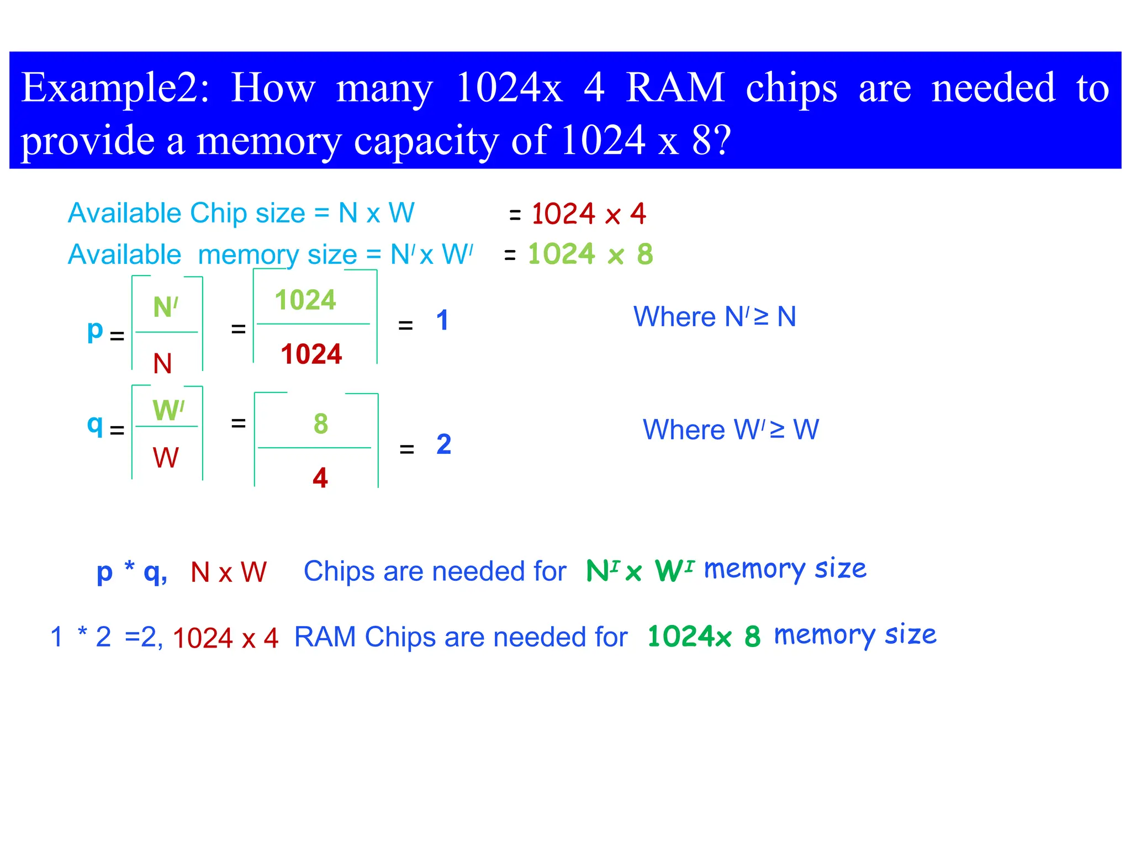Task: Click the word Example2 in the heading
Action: (x=115, y=88)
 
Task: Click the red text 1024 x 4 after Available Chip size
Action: (x=588, y=214)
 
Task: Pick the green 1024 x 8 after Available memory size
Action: (x=590, y=255)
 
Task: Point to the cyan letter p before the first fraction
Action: (x=95, y=331)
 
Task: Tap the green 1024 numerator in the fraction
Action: (x=305, y=300)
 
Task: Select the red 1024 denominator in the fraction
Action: (x=311, y=354)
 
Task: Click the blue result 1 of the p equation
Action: (x=442, y=320)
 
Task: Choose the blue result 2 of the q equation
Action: (x=443, y=444)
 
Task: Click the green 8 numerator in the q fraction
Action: (x=320, y=424)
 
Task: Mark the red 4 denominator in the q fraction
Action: (x=320, y=478)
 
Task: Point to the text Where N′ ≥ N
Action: (x=714, y=317)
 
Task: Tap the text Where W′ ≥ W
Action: (x=730, y=430)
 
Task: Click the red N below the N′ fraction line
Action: (x=162, y=364)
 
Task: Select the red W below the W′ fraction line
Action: (x=166, y=458)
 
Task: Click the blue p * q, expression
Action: (x=131, y=571)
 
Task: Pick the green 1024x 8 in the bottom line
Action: (x=704, y=637)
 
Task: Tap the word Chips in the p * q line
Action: (x=339, y=571)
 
